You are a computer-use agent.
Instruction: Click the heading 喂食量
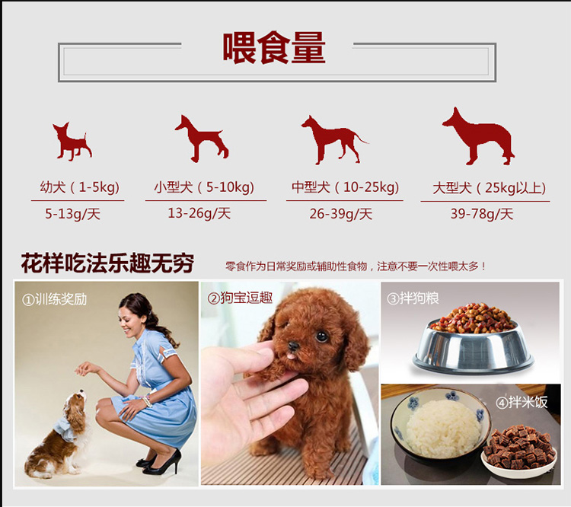coord(274,48)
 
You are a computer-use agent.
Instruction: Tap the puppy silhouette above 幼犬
coord(72,142)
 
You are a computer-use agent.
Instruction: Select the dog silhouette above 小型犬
coord(202,139)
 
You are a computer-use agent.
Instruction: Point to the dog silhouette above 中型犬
coord(334,140)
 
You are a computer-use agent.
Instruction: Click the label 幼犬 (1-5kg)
coord(80,187)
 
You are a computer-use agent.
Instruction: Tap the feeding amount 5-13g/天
coord(72,214)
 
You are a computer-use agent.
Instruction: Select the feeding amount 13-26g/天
coord(199,213)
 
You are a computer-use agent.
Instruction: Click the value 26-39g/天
coord(341,214)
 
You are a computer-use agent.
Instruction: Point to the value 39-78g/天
coord(482,214)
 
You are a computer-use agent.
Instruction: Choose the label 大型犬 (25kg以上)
coord(490,188)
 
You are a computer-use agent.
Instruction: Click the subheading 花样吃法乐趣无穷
coord(107,263)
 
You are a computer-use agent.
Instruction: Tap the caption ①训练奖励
coord(55,299)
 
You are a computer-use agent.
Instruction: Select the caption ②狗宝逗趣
coord(240,298)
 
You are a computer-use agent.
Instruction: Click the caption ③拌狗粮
coord(413,298)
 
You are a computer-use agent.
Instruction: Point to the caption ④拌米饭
coord(522,402)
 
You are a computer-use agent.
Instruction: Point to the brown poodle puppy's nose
coord(293,346)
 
